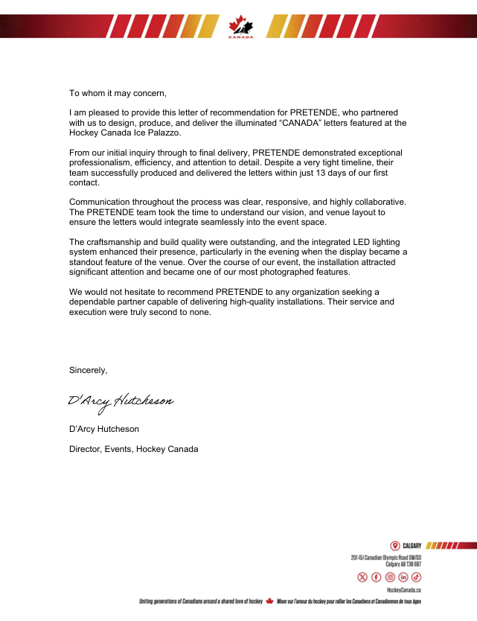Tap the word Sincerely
pyautogui.click(x=89, y=370)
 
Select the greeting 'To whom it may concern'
pyautogui.click(x=118, y=93)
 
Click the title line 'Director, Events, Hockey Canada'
pyautogui.click(x=133, y=449)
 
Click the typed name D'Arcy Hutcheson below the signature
pyautogui.click(x=103, y=429)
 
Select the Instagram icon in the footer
pyautogui.click(x=389, y=577)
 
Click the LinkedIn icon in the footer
pyautogui.click(x=403, y=577)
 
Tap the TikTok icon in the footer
pyautogui.click(x=416, y=577)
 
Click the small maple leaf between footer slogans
pyautogui.click(x=270, y=600)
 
